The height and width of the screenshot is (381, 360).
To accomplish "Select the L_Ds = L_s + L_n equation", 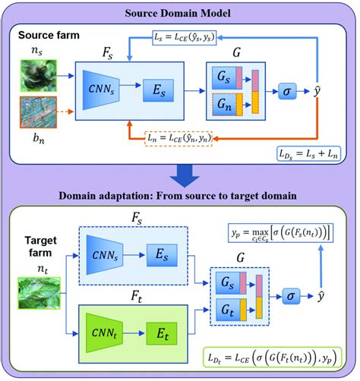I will pyautogui.click(x=310, y=154).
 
